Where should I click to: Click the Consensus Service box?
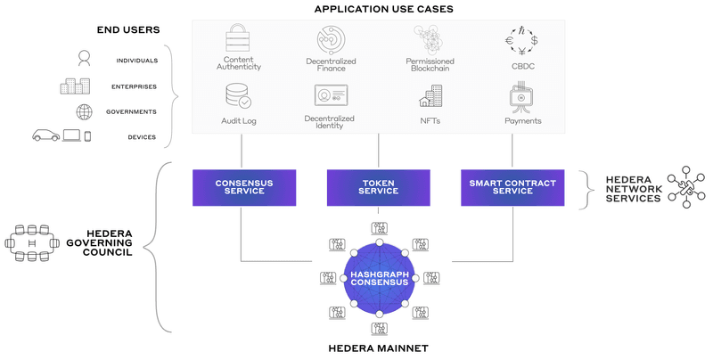[x=243, y=188]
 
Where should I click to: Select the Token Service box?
[x=379, y=188]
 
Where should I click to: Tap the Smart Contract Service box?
[x=512, y=188]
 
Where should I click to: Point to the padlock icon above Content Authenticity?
[x=239, y=40]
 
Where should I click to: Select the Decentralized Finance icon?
[x=330, y=40]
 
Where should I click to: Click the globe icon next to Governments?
[x=84, y=111]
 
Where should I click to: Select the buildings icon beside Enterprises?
[x=75, y=86]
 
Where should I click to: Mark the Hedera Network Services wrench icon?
[x=684, y=187]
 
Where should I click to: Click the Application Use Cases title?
[x=379, y=9]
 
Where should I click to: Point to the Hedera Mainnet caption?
[x=379, y=348]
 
